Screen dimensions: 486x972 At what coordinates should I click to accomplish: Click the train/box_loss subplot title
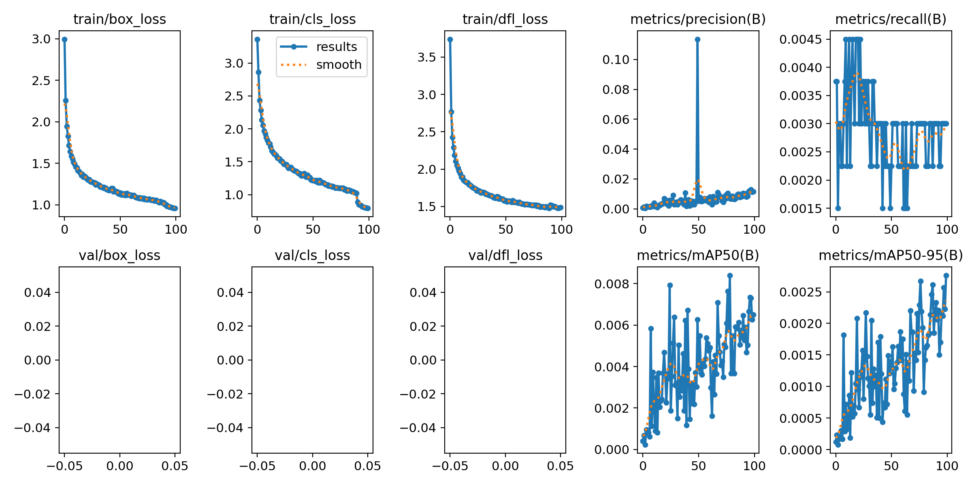119,19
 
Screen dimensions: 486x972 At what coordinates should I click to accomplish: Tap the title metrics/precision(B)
698,19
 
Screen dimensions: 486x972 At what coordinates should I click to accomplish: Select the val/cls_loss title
312,255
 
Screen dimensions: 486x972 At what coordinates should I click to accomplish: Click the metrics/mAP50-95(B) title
891,255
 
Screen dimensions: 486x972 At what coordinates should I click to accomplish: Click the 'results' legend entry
336,47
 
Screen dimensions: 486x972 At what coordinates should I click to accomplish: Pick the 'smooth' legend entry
339,65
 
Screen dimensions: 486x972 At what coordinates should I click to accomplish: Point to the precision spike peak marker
697,39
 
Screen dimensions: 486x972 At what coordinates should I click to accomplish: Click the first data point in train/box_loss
64,39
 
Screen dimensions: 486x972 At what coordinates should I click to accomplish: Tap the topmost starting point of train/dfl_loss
450,39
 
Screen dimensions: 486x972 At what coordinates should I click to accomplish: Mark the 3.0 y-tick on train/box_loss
41,39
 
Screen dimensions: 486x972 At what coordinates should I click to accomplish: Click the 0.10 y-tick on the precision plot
616,60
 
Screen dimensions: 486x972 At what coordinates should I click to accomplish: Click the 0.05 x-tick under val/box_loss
175,466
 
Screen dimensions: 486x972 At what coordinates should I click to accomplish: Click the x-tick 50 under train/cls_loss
313,230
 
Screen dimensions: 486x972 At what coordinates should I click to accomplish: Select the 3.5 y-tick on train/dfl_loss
427,58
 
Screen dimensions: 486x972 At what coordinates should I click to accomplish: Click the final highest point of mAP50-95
946,275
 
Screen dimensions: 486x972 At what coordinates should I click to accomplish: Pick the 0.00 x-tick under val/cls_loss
312,466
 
